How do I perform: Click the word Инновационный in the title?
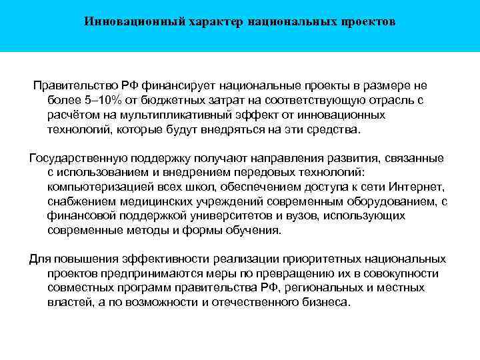point(125,21)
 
